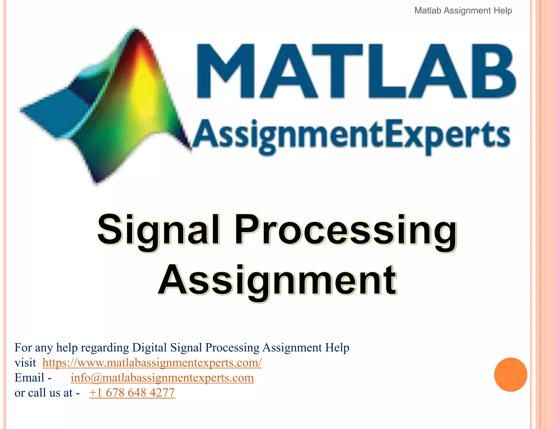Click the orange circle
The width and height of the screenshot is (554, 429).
[x=510, y=374]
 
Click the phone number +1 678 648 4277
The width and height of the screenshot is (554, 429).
[x=132, y=393]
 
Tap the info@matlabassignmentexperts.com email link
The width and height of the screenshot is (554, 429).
[x=162, y=378]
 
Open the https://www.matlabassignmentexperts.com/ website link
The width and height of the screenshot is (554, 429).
[x=152, y=363]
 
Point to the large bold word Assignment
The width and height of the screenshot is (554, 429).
[x=278, y=280]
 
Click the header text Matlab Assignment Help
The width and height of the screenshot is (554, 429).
[x=463, y=11]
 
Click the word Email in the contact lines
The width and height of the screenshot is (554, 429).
[x=29, y=378]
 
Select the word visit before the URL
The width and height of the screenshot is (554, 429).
[x=25, y=363]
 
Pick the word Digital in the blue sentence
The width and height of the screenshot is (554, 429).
[x=149, y=348]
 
